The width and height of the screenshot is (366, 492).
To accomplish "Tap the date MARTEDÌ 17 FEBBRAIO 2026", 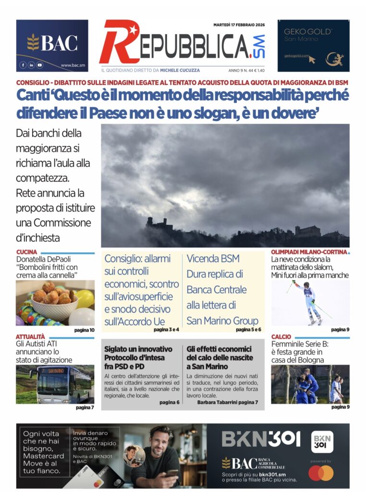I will click(x=239, y=25).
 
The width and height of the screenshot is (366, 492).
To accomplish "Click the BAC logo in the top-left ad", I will click(x=52, y=43).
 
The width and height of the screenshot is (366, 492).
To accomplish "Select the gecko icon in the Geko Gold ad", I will click(x=334, y=59).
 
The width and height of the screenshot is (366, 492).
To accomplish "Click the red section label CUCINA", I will click(x=27, y=252).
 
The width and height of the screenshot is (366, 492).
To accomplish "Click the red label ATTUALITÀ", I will click(x=30, y=337).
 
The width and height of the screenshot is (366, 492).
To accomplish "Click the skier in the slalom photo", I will click(x=307, y=302).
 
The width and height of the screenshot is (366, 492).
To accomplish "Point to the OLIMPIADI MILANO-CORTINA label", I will click(x=309, y=252).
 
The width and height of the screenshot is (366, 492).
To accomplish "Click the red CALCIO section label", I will click(x=281, y=337).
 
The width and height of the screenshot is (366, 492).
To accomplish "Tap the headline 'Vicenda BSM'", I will click(x=213, y=258).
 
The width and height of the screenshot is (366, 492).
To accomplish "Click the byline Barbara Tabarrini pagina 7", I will click(x=227, y=402).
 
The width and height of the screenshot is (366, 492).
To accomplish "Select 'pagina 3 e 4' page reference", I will click(x=166, y=330).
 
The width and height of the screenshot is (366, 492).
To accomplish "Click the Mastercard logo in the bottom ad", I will click(x=321, y=473).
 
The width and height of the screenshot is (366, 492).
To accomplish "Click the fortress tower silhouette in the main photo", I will click(x=161, y=223).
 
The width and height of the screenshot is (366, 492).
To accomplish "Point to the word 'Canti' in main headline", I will click(x=36, y=95).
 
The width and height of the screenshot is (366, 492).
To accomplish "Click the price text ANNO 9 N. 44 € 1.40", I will click(x=246, y=70).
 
